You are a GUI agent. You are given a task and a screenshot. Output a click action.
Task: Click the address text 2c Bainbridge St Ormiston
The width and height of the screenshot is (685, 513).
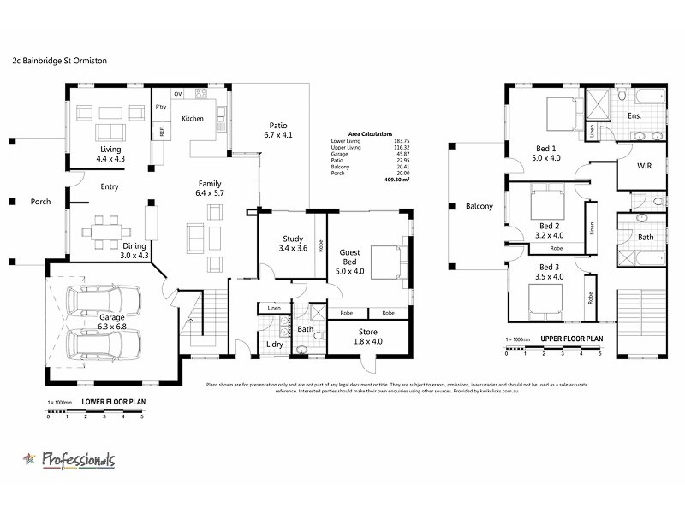pyautogui.click(x=59, y=62)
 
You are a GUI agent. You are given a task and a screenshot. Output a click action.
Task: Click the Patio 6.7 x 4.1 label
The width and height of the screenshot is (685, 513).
pyautogui.click(x=279, y=130)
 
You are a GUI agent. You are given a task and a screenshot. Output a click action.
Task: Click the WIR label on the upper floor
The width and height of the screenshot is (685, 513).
pyautogui.click(x=645, y=168)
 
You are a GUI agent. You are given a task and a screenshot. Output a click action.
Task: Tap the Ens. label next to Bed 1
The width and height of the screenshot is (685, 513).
pyautogui.click(x=634, y=115)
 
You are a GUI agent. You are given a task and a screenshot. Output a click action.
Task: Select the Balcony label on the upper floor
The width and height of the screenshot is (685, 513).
pyautogui.click(x=479, y=206)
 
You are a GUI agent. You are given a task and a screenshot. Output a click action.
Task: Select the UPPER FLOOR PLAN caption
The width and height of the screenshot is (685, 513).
pyautogui.click(x=571, y=339)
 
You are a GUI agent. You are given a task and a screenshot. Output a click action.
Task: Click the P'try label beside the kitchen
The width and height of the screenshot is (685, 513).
pyautogui.click(x=160, y=107)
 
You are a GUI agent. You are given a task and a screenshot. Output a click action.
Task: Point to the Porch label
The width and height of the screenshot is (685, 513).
pyautogui.click(x=40, y=202)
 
